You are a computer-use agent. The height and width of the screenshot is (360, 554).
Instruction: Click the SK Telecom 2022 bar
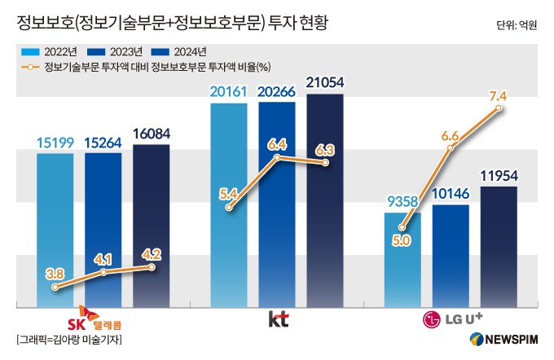coord(55,230)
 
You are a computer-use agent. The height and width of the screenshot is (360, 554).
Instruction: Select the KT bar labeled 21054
coord(325,200)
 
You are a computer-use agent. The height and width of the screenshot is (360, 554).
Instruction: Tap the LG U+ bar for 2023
coord(451,256)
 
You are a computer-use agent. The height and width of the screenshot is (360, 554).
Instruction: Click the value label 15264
coord(103,143)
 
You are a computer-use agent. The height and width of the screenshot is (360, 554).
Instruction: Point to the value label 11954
coord(499,176)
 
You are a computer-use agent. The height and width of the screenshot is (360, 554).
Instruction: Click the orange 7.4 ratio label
coord(498,96)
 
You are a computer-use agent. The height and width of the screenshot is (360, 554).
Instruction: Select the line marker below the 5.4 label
coord(229,208)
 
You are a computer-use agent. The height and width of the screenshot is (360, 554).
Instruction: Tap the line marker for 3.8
coord(55,288)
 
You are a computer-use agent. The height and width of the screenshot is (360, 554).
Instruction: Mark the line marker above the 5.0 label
coord(402,227)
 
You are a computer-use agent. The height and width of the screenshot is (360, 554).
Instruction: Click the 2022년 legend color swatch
coord(30,52)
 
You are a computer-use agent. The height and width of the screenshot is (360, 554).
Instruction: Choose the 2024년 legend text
coord(190,52)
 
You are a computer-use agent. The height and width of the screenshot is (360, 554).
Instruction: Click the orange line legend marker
coord(30,67)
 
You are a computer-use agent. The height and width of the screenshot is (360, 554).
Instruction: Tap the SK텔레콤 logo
coord(95,318)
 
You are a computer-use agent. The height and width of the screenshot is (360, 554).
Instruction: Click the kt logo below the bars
coord(279,319)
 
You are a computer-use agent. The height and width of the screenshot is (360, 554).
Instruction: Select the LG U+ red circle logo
coord(432,320)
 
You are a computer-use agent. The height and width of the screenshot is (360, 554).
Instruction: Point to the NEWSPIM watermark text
coord(512,340)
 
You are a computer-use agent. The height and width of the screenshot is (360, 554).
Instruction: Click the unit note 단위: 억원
coord(517,25)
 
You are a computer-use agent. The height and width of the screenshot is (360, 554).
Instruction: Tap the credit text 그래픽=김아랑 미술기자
coord(69,340)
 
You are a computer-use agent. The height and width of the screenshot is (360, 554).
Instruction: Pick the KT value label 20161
coord(229,92)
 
